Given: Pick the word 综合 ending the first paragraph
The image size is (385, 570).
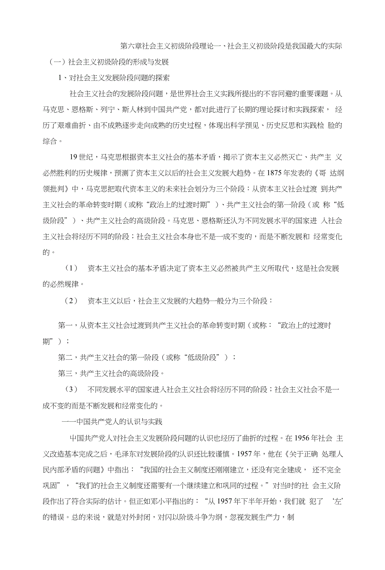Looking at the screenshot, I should [x=50, y=141].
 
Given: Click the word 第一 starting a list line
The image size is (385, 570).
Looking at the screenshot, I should [x=65, y=325].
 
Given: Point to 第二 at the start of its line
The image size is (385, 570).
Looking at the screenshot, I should [x=65, y=357].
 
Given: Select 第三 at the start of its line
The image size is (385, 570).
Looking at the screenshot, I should [x=65, y=373].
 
